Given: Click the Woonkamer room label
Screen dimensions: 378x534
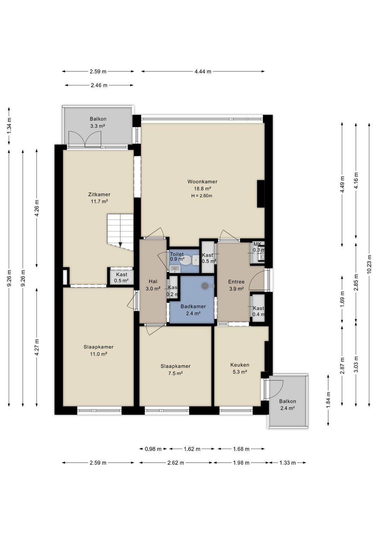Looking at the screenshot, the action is (x=202, y=182).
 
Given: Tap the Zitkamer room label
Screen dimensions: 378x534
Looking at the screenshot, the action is (x=99, y=195).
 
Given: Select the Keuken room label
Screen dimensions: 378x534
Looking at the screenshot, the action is (x=240, y=365).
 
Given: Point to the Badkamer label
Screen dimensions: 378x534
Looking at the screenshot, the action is (x=193, y=307).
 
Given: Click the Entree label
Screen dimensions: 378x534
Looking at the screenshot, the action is (x=236, y=282).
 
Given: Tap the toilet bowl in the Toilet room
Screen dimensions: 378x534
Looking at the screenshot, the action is (x=186, y=260).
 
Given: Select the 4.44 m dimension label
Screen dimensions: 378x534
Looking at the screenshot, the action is (x=203, y=71).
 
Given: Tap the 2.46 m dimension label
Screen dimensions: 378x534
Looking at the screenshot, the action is (x=99, y=85).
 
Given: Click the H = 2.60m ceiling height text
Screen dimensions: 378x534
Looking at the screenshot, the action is (x=202, y=196).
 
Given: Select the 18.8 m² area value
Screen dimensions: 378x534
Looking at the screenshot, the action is (x=202, y=189).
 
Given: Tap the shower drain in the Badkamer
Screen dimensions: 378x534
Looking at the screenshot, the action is (x=205, y=286).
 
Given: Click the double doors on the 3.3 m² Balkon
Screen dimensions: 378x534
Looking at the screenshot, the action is (x=85, y=139).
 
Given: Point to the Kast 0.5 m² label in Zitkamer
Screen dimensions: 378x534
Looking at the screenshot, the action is (x=121, y=277).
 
